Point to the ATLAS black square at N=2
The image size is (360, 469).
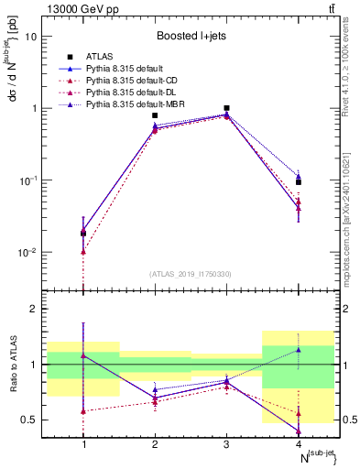click(x=155, y=115)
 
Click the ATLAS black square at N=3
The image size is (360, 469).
click(x=226, y=108)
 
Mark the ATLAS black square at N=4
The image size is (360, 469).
click(x=299, y=182)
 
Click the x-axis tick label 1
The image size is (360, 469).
click(x=83, y=444)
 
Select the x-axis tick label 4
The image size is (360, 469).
click(x=299, y=444)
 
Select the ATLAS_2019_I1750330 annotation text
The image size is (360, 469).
click(x=191, y=273)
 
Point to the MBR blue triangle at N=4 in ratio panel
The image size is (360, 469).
click(x=299, y=350)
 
